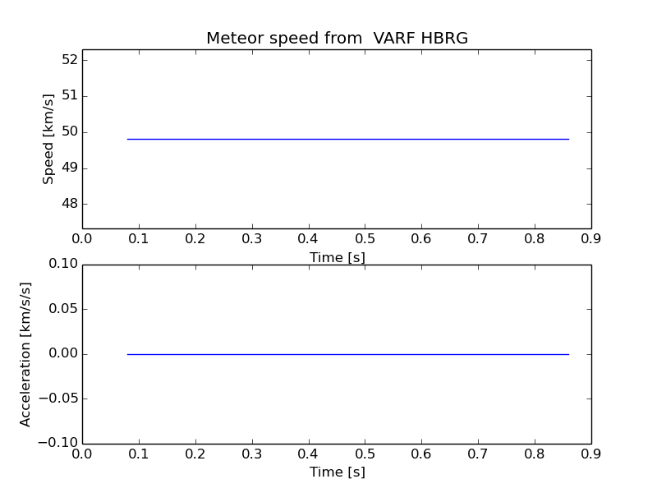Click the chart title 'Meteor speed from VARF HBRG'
(337, 39)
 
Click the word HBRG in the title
(443, 39)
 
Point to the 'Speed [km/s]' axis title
(49, 139)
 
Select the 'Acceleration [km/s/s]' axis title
(25, 354)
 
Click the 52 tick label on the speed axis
(69, 60)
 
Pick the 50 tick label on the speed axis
(69, 131)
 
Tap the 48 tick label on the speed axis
(69, 204)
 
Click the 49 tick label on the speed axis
(69, 168)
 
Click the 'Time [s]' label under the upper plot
(337, 257)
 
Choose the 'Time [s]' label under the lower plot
(337, 472)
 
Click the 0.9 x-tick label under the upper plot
(590, 239)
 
